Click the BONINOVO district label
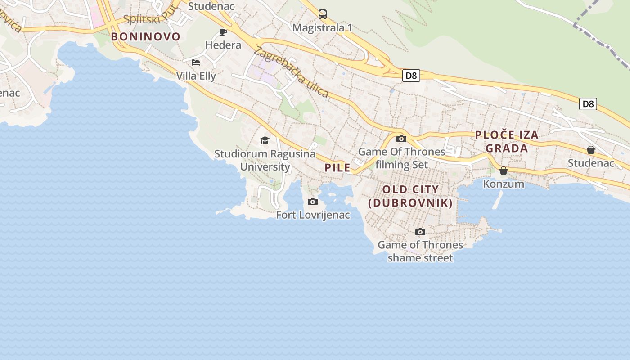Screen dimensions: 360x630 (x=145, y=37)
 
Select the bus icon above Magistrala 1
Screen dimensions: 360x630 (x=323, y=14)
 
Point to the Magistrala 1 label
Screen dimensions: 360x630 (x=322, y=28)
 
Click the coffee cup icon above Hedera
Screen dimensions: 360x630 (x=223, y=32)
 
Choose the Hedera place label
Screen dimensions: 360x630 (x=223, y=45)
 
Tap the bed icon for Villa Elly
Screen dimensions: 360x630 (x=196, y=63)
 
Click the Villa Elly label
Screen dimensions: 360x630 (x=196, y=76)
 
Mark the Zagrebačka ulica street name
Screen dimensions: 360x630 (x=293, y=72)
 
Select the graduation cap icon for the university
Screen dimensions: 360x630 (x=265, y=141)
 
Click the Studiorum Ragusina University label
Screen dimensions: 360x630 (x=265, y=160)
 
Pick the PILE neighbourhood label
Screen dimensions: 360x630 (x=337, y=168)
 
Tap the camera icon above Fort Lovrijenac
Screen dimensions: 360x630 (x=313, y=202)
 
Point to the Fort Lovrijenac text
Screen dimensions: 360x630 (x=313, y=215)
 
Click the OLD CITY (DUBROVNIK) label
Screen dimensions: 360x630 (x=410, y=196)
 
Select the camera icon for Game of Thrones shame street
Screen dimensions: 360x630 (x=420, y=232)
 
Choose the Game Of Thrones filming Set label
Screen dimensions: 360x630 (x=402, y=158)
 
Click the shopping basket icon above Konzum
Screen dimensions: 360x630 (x=504, y=171)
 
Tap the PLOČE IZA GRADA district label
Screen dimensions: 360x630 (x=507, y=141)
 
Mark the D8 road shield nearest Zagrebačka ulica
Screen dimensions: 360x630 (x=411, y=76)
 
